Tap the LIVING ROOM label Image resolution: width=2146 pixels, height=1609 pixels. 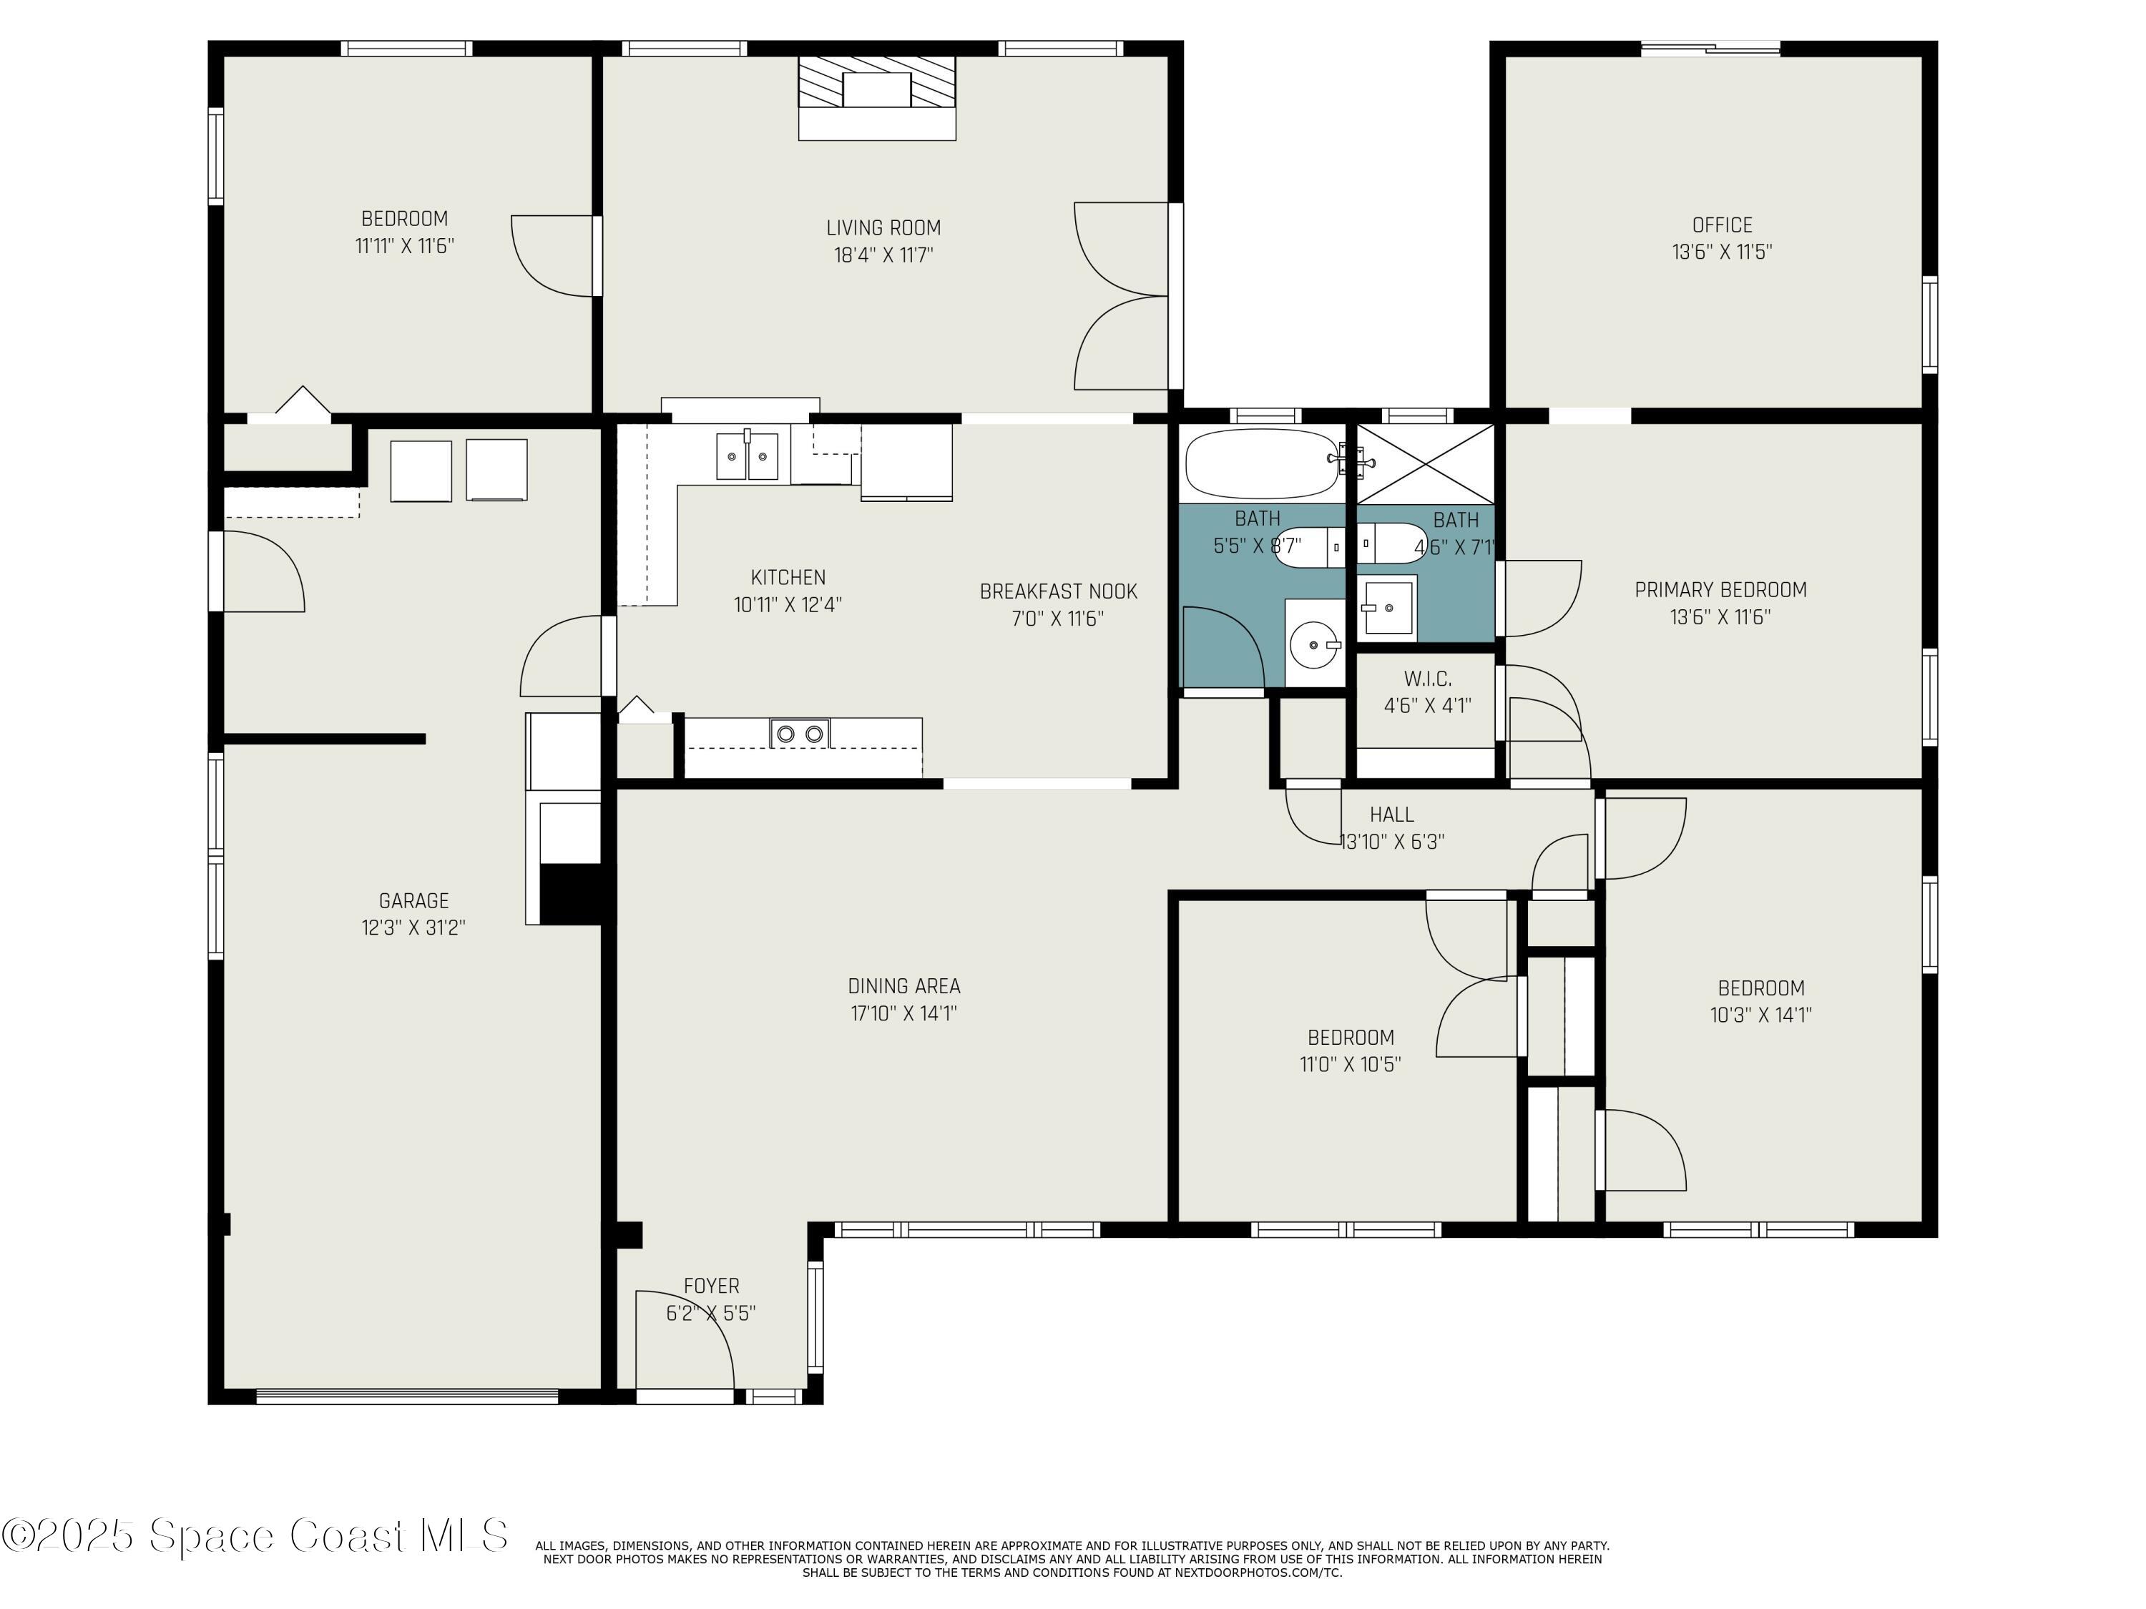coord(883,228)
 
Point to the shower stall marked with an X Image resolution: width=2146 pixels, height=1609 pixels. coord(1424,463)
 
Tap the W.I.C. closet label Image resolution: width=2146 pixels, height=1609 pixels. coord(1427,679)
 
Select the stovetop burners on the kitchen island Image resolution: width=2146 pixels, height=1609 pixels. coord(800,733)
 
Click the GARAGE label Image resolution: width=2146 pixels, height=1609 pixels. coord(413,901)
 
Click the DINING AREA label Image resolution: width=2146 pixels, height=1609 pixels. coord(903,986)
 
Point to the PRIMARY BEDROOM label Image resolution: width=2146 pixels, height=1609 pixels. coord(1720,590)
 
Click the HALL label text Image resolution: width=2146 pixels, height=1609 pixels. coord(1391,815)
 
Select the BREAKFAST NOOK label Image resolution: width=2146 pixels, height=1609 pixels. coord(1057,591)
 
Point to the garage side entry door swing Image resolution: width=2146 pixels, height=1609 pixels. coord(262,572)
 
